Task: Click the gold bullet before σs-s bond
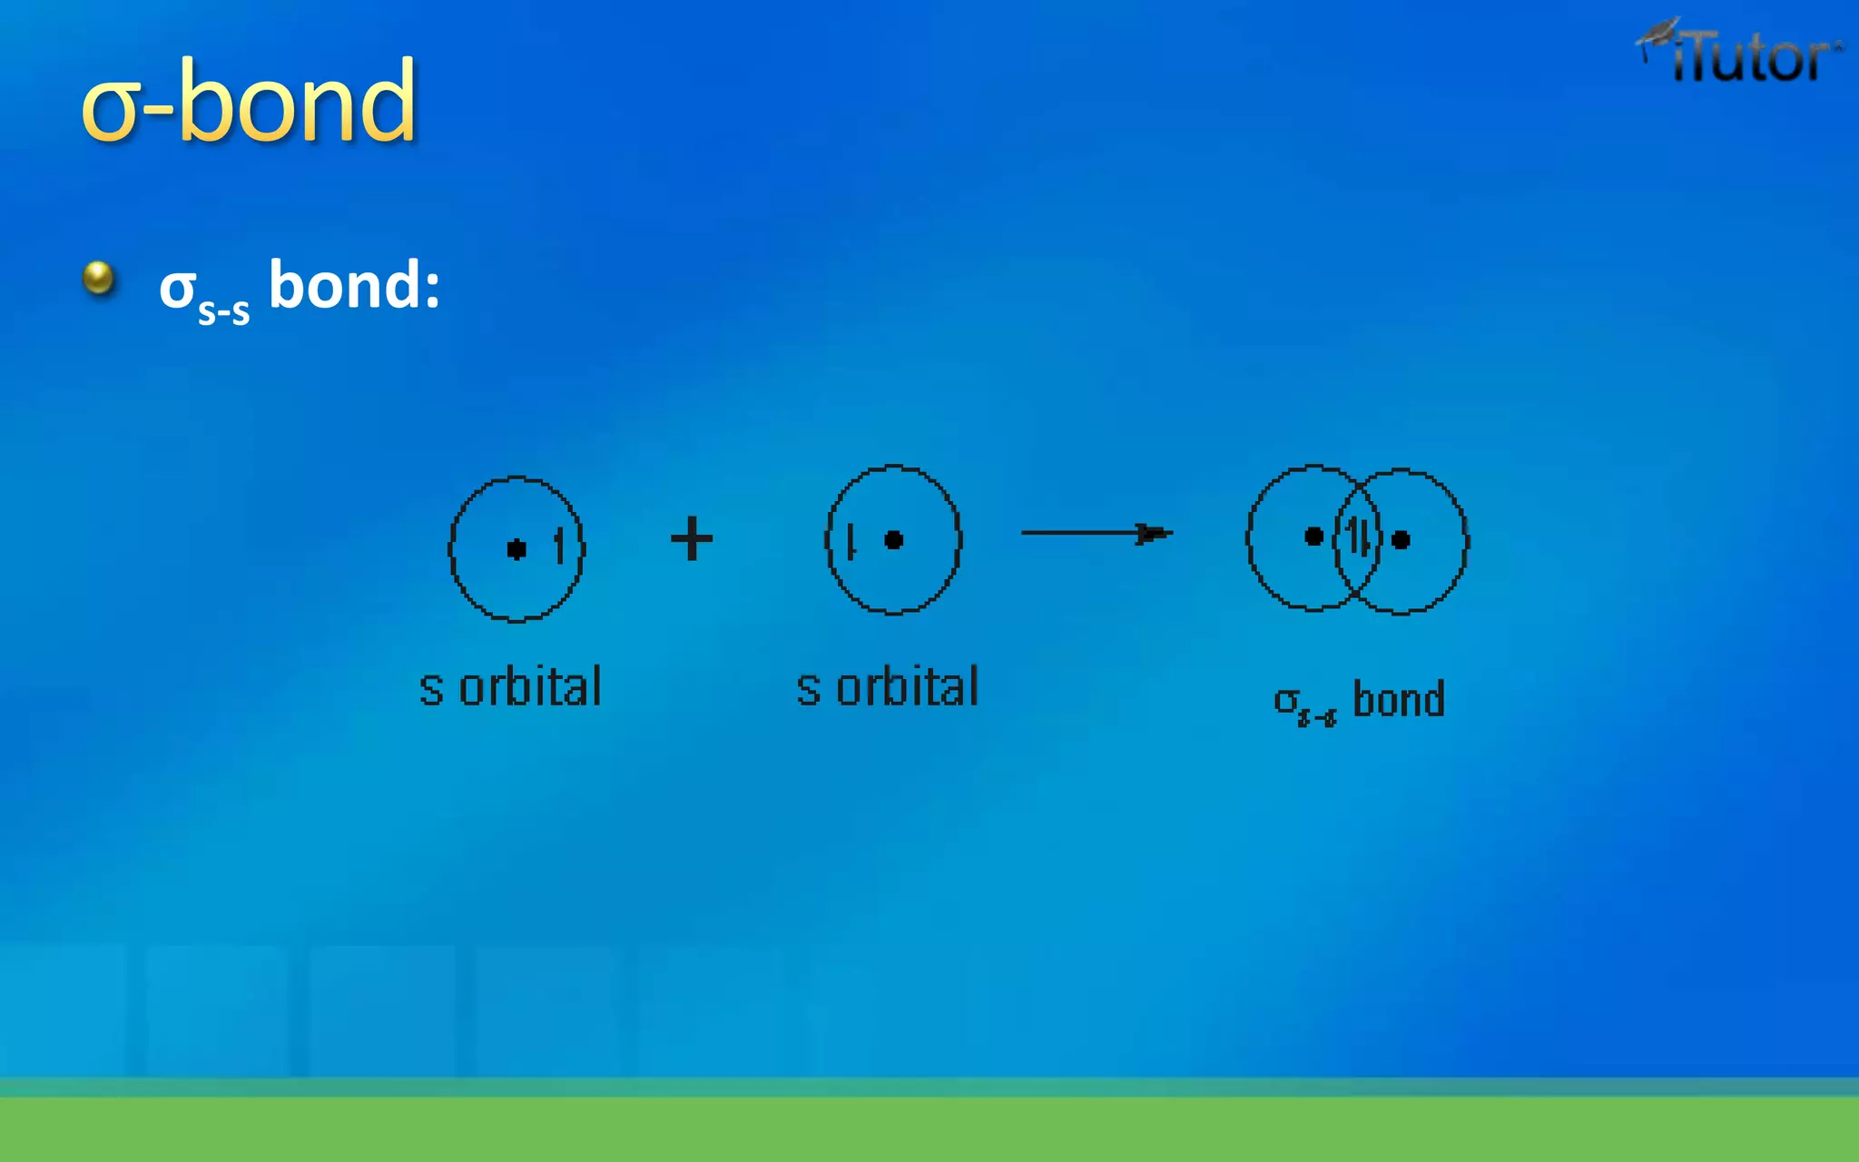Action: [x=98, y=278]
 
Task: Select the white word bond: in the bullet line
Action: [x=354, y=285]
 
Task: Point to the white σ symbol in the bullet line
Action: [x=177, y=289]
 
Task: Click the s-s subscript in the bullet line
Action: [x=223, y=311]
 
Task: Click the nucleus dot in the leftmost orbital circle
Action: [x=516, y=549]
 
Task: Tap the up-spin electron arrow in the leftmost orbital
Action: [x=559, y=547]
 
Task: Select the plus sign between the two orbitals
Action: [x=692, y=539]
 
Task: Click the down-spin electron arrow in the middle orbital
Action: [x=851, y=542]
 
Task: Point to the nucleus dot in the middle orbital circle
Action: [x=893, y=540]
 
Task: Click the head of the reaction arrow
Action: [x=1155, y=533]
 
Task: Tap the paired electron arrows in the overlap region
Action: [x=1358, y=537]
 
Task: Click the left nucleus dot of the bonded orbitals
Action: [x=1313, y=537]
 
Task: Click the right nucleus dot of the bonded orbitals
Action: [x=1401, y=540]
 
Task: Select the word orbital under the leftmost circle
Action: [x=530, y=687]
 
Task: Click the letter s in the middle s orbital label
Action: [x=808, y=689]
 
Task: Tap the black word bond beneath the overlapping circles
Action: [x=1398, y=700]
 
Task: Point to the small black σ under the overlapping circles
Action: [x=1285, y=701]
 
